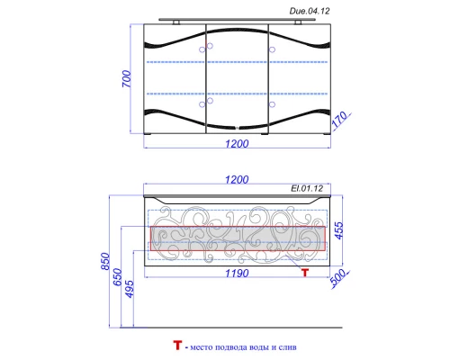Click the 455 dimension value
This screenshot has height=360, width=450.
338,232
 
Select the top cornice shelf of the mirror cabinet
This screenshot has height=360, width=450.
238,18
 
